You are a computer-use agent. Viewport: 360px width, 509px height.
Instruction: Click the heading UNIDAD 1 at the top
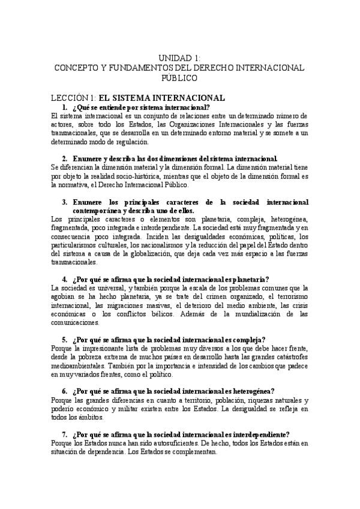coord(179,58)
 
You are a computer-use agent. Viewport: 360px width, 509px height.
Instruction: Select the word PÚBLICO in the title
coord(179,78)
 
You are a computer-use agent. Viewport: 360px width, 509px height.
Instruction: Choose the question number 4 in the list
coord(64,279)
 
